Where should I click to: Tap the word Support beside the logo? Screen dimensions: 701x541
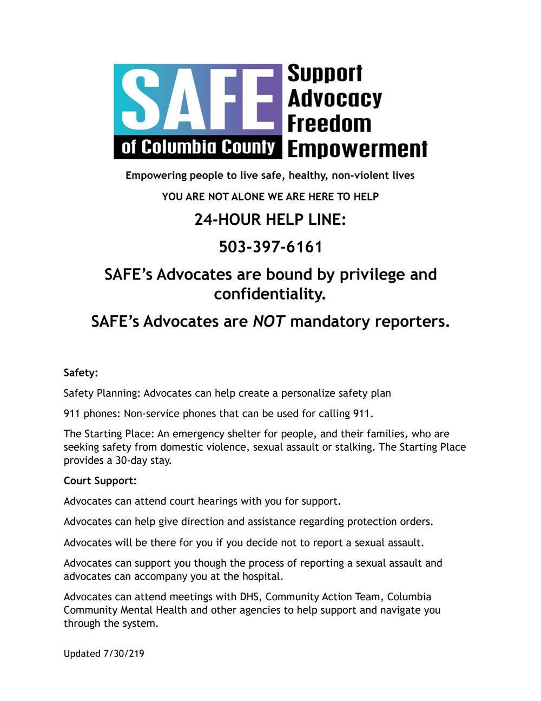pyautogui.click(x=325, y=74)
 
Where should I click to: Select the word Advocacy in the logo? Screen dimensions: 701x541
pyautogui.click(x=334, y=99)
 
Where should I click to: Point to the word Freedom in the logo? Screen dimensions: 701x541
pyautogui.click(x=329, y=124)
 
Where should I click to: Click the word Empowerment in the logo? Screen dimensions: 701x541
pyautogui.click(x=357, y=148)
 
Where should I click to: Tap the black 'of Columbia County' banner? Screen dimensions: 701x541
pyautogui.click(x=198, y=147)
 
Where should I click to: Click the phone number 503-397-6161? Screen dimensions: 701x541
pyautogui.click(x=270, y=247)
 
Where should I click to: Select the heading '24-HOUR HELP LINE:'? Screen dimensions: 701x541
pyautogui.click(x=270, y=219)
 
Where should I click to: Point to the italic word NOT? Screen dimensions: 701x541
pyautogui.click(x=269, y=321)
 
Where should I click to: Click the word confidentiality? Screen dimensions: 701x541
pyautogui.click(x=270, y=294)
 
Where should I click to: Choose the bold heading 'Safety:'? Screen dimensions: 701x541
pyautogui.click(x=81, y=373)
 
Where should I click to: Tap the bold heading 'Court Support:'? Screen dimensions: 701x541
pyautogui.click(x=100, y=481)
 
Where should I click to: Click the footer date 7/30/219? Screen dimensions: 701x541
pyautogui.click(x=123, y=653)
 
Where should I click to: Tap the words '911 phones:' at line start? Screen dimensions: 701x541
pyautogui.click(x=92, y=414)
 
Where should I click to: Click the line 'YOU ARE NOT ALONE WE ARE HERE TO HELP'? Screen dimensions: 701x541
pyautogui.click(x=270, y=197)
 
